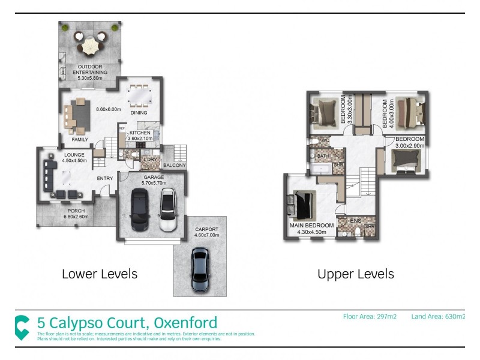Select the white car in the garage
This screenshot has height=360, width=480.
click(x=167, y=211)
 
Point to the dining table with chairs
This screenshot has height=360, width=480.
click(x=140, y=95)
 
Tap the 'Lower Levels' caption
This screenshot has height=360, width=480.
click(x=100, y=274)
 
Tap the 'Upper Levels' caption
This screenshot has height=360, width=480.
click(x=356, y=274)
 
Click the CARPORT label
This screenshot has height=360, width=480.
click(x=207, y=229)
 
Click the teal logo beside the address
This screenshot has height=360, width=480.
click(x=22, y=326)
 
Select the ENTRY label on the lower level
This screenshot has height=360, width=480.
click(x=105, y=178)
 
